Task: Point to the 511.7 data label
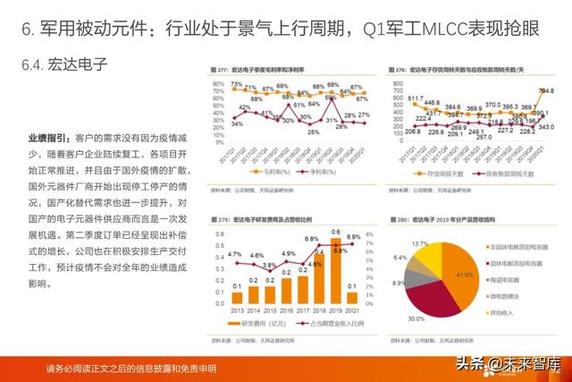pos(416,98)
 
